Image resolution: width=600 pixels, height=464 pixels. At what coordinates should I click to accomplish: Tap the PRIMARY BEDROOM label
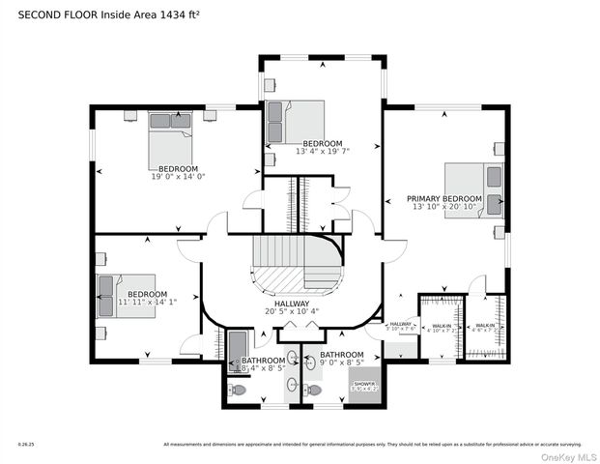click(443, 198)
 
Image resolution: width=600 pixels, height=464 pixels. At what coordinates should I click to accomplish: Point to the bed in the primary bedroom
click(473, 189)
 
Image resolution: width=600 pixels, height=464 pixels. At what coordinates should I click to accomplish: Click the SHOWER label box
click(365, 385)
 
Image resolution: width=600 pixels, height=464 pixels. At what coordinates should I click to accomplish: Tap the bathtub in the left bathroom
click(238, 347)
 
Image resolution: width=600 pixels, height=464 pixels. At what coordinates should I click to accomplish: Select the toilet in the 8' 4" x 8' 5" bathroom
click(239, 391)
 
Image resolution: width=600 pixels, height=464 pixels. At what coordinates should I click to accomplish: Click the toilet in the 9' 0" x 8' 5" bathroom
click(313, 391)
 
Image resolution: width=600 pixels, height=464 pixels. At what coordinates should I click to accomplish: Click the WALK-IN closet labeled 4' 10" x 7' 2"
click(442, 328)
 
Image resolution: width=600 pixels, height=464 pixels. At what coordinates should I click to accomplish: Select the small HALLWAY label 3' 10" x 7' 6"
click(401, 326)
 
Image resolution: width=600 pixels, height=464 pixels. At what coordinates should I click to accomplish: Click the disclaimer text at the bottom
click(372, 445)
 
